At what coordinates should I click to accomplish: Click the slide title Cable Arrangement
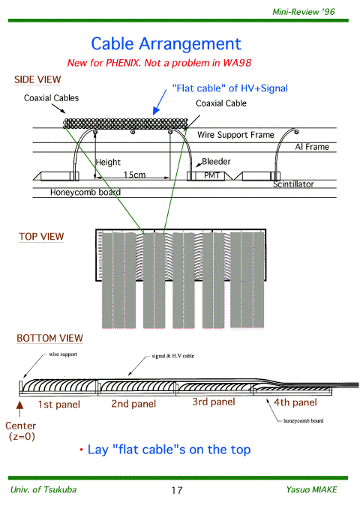pyautogui.click(x=166, y=44)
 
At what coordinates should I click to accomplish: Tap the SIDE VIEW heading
pyautogui.click(x=37, y=79)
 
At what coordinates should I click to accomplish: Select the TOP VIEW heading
pyautogui.click(x=41, y=237)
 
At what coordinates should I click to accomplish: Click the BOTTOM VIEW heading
pyautogui.click(x=49, y=338)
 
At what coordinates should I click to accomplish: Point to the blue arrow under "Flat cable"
pyautogui.click(x=160, y=102)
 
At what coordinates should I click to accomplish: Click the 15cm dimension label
pyautogui.click(x=134, y=175)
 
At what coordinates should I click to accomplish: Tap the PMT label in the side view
pyautogui.click(x=212, y=175)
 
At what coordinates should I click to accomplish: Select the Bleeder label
pyautogui.click(x=216, y=161)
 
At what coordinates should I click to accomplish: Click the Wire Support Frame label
pyautogui.click(x=235, y=135)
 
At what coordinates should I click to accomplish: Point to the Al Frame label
pyautogui.click(x=312, y=147)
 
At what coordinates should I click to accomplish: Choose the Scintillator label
pyautogui.click(x=293, y=184)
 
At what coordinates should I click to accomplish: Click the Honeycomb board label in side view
pyautogui.click(x=85, y=193)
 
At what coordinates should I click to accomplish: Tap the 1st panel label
pyautogui.click(x=59, y=405)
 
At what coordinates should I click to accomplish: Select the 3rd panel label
pyautogui.click(x=214, y=402)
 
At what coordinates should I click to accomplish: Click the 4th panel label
pyautogui.click(x=295, y=402)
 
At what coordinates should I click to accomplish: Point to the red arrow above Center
pyautogui.click(x=19, y=409)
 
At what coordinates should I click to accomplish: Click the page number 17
pyautogui.click(x=177, y=490)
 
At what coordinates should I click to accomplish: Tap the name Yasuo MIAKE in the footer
pyautogui.click(x=312, y=489)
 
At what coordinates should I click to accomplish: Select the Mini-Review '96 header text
pyautogui.click(x=304, y=12)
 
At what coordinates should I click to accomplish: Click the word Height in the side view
pyautogui.click(x=108, y=162)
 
